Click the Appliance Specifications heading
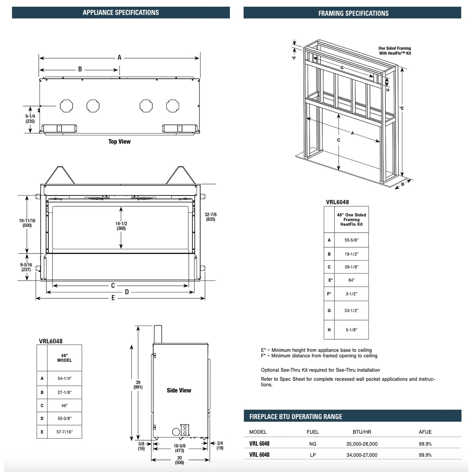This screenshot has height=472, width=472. [121, 13]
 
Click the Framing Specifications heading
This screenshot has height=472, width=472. [353, 13]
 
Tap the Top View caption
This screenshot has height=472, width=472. [120, 141]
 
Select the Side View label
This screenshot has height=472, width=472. [179, 390]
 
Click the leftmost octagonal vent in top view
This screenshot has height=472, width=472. [66, 106]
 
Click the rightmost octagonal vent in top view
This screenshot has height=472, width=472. [172, 106]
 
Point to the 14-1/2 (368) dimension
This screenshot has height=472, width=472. [121, 226]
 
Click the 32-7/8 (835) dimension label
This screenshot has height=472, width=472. [211, 217]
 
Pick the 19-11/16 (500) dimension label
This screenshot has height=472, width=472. [27, 223]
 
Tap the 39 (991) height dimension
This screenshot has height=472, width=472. [138, 385]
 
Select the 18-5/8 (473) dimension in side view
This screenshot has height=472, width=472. [179, 448]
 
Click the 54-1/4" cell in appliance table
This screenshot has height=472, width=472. [64, 378]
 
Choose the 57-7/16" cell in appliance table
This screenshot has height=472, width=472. [64, 432]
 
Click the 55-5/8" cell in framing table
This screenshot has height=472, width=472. [351, 240]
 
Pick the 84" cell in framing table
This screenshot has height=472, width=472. [351, 280]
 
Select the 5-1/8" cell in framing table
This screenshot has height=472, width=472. [351, 330]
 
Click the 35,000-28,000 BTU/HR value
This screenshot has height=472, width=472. [362, 444]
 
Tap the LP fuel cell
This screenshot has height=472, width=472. [313, 455]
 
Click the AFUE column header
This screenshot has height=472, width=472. [425, 432]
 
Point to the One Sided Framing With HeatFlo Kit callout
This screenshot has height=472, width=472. [395, 51]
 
